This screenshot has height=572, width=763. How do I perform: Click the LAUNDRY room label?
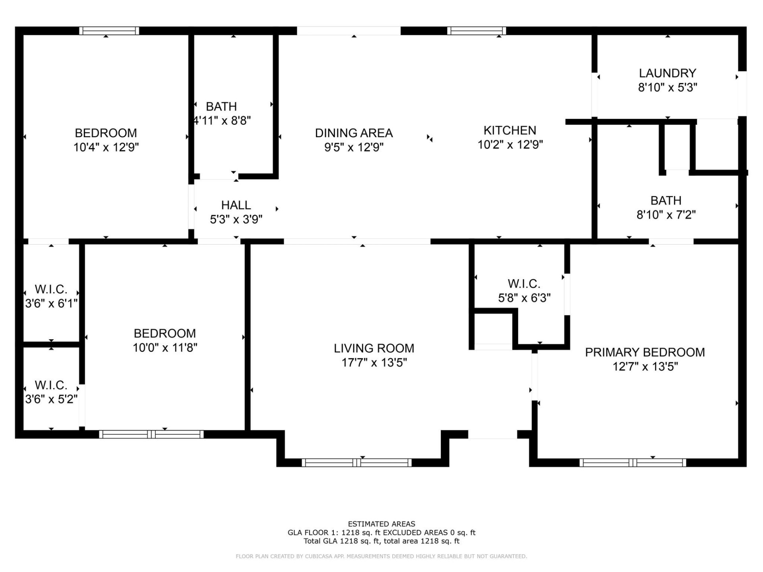click(x=667, y=73)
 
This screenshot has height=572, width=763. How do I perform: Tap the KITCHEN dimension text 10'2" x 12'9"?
click(x=510, y=145)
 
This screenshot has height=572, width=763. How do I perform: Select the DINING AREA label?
click(x=354, y=133)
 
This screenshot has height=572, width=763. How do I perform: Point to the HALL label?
click(x=236, y=205)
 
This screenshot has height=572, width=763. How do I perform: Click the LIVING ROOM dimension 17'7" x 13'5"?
click(x=374, y=362)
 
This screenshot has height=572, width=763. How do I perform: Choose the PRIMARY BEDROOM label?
click(x=645, y=352)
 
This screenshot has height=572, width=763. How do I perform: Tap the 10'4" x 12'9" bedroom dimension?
click(x=106, y=147)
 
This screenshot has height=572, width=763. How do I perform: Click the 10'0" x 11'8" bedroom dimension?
click(x=165, y=348)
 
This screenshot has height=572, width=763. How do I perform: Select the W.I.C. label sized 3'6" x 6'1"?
click(x=51, y=289)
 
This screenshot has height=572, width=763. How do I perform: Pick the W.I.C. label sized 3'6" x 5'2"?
click(x=51, y=385)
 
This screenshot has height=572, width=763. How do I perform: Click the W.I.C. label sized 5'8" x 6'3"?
click(x=524, y=284)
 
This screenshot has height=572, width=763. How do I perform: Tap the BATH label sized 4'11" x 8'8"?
click(x=221, y=106)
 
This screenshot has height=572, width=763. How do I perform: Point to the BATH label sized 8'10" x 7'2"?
click(x=666, y=201)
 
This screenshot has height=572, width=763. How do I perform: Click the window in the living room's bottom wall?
click(x=356, y=462)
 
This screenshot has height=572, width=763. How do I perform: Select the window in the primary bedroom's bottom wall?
click(x=632, y=462)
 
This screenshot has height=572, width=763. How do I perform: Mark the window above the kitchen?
click(x=476, y=31)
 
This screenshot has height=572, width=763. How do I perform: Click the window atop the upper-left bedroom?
click(x=109, y=31)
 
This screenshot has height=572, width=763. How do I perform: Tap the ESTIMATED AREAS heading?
click(x=381, y=524)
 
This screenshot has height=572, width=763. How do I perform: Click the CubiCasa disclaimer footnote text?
click(x=381, y=557)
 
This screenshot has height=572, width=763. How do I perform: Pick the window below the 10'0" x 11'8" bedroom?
click(x=151, y=434)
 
